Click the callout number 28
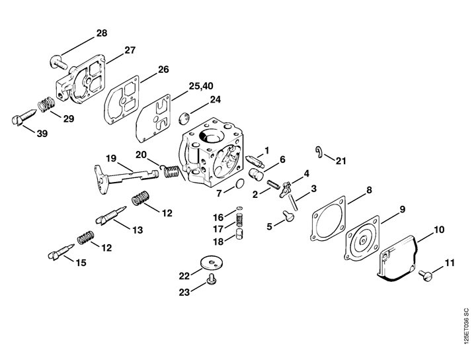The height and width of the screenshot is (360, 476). point(102,33)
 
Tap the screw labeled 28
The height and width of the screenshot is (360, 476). point(58,62)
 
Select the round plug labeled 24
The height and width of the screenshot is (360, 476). point(184,118)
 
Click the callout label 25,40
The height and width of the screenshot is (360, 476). point(201,86)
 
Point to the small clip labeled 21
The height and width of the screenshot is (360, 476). point(319,152)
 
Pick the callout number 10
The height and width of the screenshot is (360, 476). point(439,230)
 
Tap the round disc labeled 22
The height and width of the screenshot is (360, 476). point(212,263)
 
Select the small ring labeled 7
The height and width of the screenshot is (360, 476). point(240,183)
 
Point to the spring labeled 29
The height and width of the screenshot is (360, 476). point(46,104)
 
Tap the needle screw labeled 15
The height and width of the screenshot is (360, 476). point(61,252)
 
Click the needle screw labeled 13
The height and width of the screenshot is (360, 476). point(111,215)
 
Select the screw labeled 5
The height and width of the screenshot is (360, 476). point(289,216)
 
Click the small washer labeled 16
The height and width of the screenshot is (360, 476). point(240,208)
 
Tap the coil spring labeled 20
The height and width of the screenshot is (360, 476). point(170,171)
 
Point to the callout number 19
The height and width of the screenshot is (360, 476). point(112,158)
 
